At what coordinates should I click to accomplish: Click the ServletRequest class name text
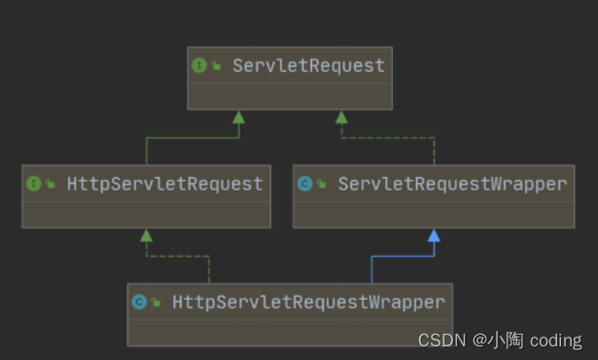307,65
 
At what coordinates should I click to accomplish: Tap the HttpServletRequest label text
164,183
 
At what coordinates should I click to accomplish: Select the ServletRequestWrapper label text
451,183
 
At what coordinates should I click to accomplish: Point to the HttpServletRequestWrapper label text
308,302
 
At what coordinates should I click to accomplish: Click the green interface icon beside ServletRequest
199,65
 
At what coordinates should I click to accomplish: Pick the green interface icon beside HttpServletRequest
34,183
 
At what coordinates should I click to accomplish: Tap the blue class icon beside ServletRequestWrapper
304,183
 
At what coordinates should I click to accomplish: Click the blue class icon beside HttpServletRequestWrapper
139,302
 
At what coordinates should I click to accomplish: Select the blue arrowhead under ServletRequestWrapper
434,235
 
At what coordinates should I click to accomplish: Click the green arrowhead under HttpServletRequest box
146,235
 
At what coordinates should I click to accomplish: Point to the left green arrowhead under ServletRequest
238,117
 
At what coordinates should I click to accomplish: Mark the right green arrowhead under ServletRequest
341,117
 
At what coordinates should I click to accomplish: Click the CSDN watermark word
440,340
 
